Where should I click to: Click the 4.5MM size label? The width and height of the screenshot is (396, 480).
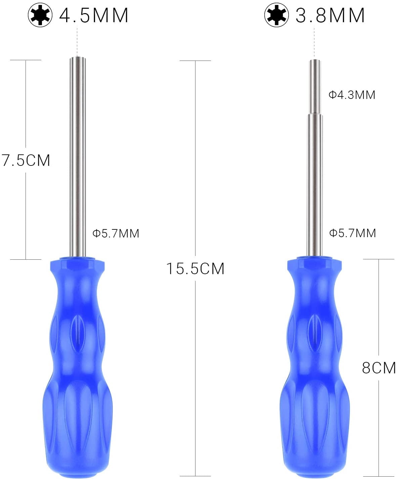(94, 15)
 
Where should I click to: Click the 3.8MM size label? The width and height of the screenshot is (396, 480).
(330, 15)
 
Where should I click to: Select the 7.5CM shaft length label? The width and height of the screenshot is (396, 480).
(26, 160)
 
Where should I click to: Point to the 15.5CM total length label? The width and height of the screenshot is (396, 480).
(195, 269)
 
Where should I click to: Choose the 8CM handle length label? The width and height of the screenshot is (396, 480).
(379, 368)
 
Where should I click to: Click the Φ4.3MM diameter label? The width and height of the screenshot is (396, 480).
(352, 95)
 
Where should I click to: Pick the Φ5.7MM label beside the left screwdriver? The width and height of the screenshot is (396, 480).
(116, 233)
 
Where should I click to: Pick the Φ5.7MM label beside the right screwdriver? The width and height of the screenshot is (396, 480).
(352, 233)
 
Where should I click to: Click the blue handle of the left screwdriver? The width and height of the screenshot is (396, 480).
(78, 370)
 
